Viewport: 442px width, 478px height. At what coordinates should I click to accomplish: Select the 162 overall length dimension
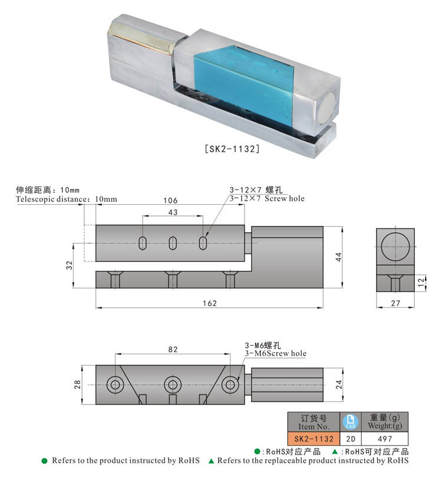[210, 303]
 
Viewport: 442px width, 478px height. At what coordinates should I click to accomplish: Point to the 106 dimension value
[170, 201]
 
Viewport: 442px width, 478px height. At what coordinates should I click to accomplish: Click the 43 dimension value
[173, 212]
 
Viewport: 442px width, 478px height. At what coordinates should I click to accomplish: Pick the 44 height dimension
[338, 257]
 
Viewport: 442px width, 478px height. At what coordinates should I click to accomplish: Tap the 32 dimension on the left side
[70, 264]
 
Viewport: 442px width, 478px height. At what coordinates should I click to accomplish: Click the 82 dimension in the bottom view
[173, 349]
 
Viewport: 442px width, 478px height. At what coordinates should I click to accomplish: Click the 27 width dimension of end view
[395, 303]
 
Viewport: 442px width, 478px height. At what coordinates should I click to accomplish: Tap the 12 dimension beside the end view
[420, 283]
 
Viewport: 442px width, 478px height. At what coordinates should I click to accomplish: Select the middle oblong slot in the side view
[173, 243]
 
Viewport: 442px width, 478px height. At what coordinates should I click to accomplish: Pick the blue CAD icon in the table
[350, 421]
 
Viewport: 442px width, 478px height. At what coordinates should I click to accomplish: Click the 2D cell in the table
[350, 439]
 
